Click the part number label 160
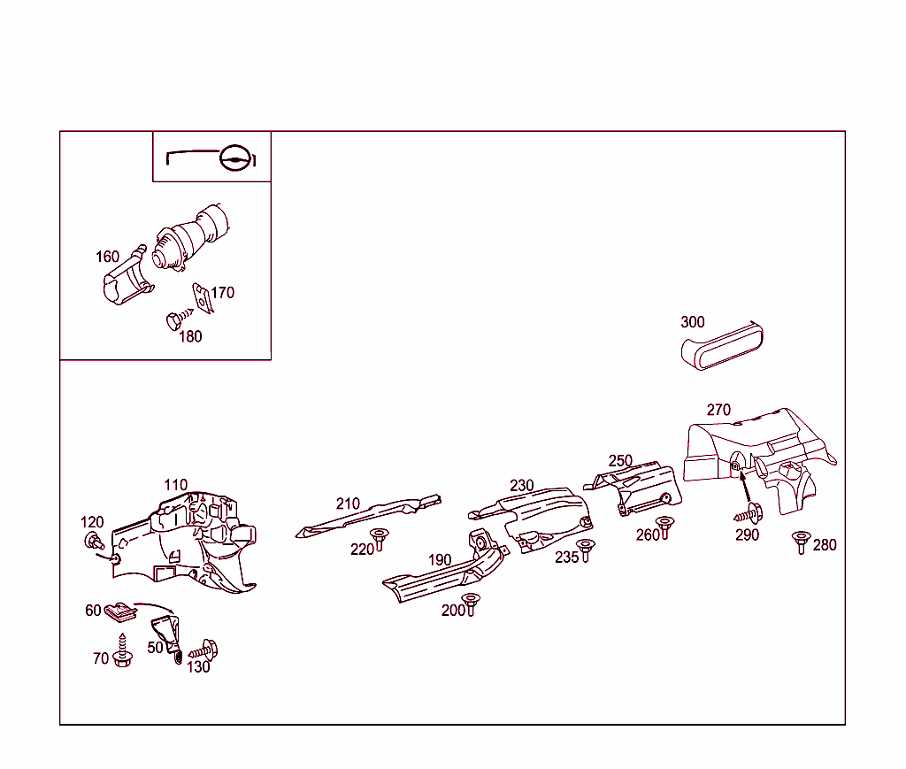107,257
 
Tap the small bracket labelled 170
203,298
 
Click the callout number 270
718,410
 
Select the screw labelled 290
749,513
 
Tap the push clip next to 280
801,542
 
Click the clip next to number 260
665,527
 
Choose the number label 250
620,460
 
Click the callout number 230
522,485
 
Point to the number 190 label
440,560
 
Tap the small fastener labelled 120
94,541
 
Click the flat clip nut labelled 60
120,611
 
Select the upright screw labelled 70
122,650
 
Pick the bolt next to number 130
204,650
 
